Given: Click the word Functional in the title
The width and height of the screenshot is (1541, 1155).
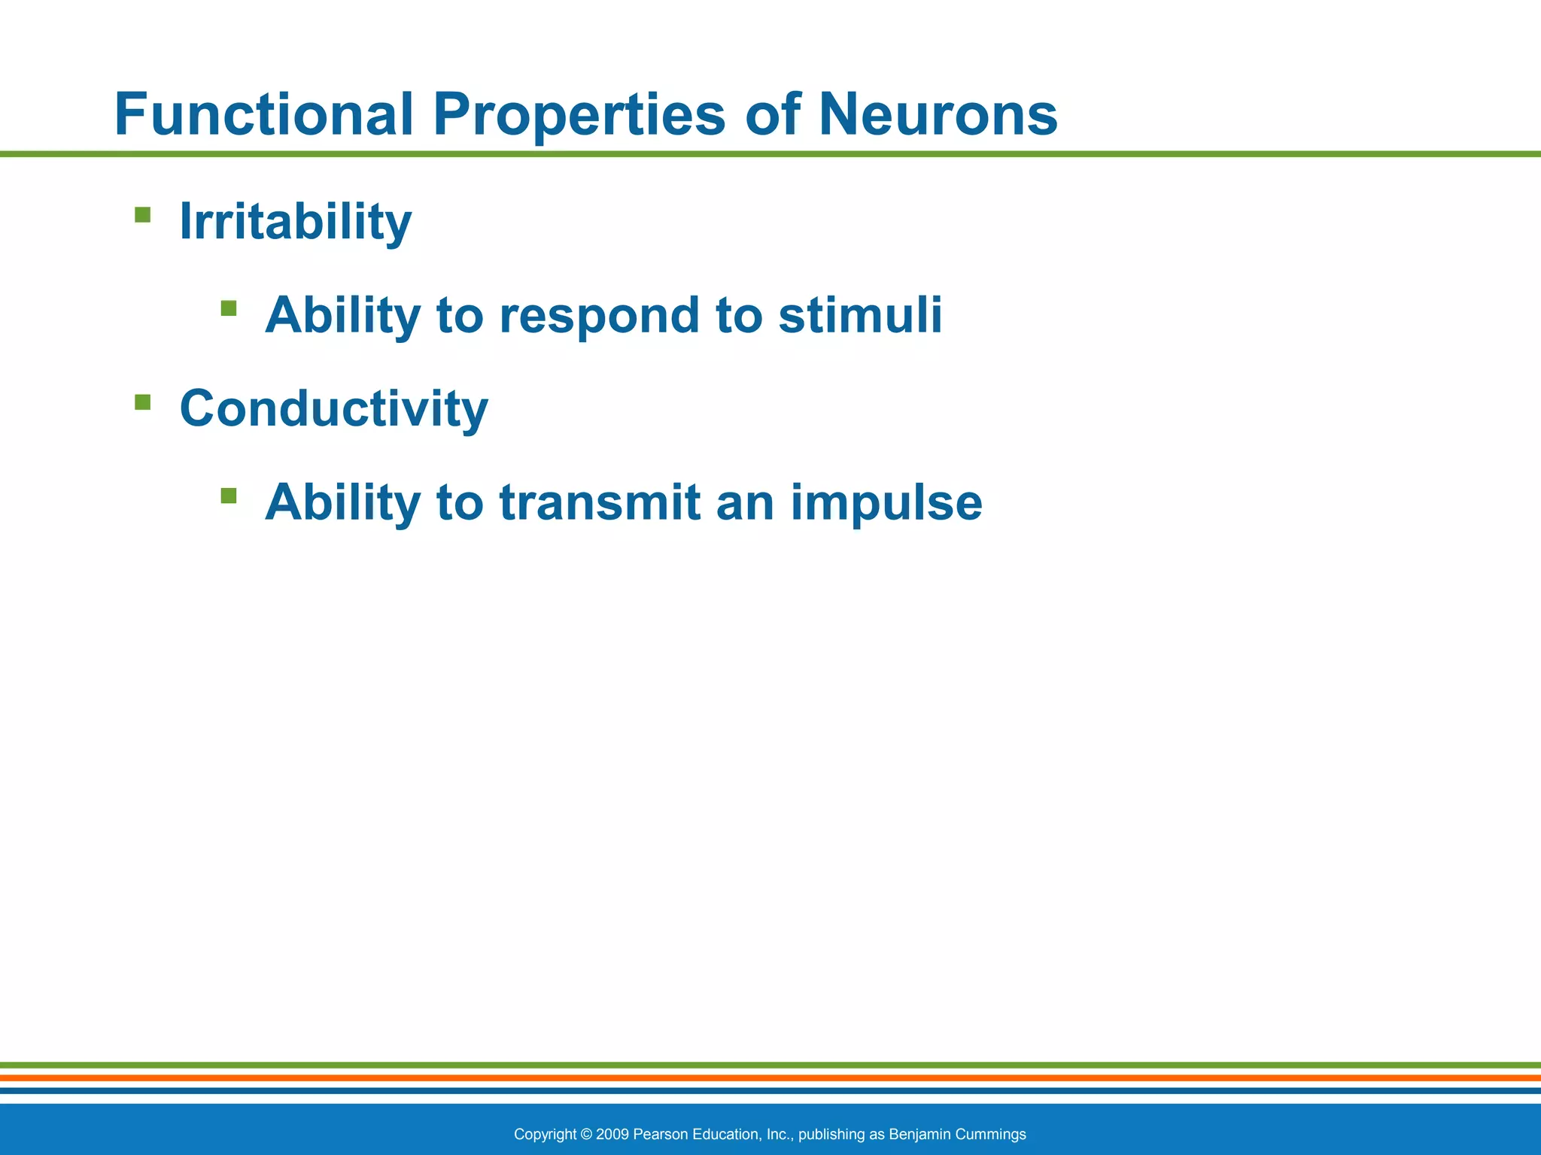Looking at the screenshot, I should [x=263, y=114].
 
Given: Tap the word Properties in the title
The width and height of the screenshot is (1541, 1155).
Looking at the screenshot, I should [x=579, y=114].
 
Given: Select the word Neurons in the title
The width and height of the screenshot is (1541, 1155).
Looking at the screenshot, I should [x=938, y=114].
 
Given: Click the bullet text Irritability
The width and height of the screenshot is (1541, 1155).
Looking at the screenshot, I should [x=295, y=222].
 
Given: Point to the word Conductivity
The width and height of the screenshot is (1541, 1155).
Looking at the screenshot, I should [x=333, y=408].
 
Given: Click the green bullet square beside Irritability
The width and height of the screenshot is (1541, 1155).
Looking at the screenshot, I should [x=142, y=216].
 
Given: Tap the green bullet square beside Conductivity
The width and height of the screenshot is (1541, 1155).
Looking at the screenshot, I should [x=142, y=402].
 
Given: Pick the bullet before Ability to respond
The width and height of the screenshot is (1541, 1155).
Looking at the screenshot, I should [x=229, y=308].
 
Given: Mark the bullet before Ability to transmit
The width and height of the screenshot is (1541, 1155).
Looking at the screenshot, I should [x=229, y=496].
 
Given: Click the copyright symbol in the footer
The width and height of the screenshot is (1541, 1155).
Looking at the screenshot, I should [x=586, y=1134].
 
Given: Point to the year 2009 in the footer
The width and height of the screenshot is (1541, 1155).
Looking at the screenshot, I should [x=612, y=1134].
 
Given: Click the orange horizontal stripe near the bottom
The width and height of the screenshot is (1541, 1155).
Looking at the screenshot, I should [x=770, y=1078].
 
